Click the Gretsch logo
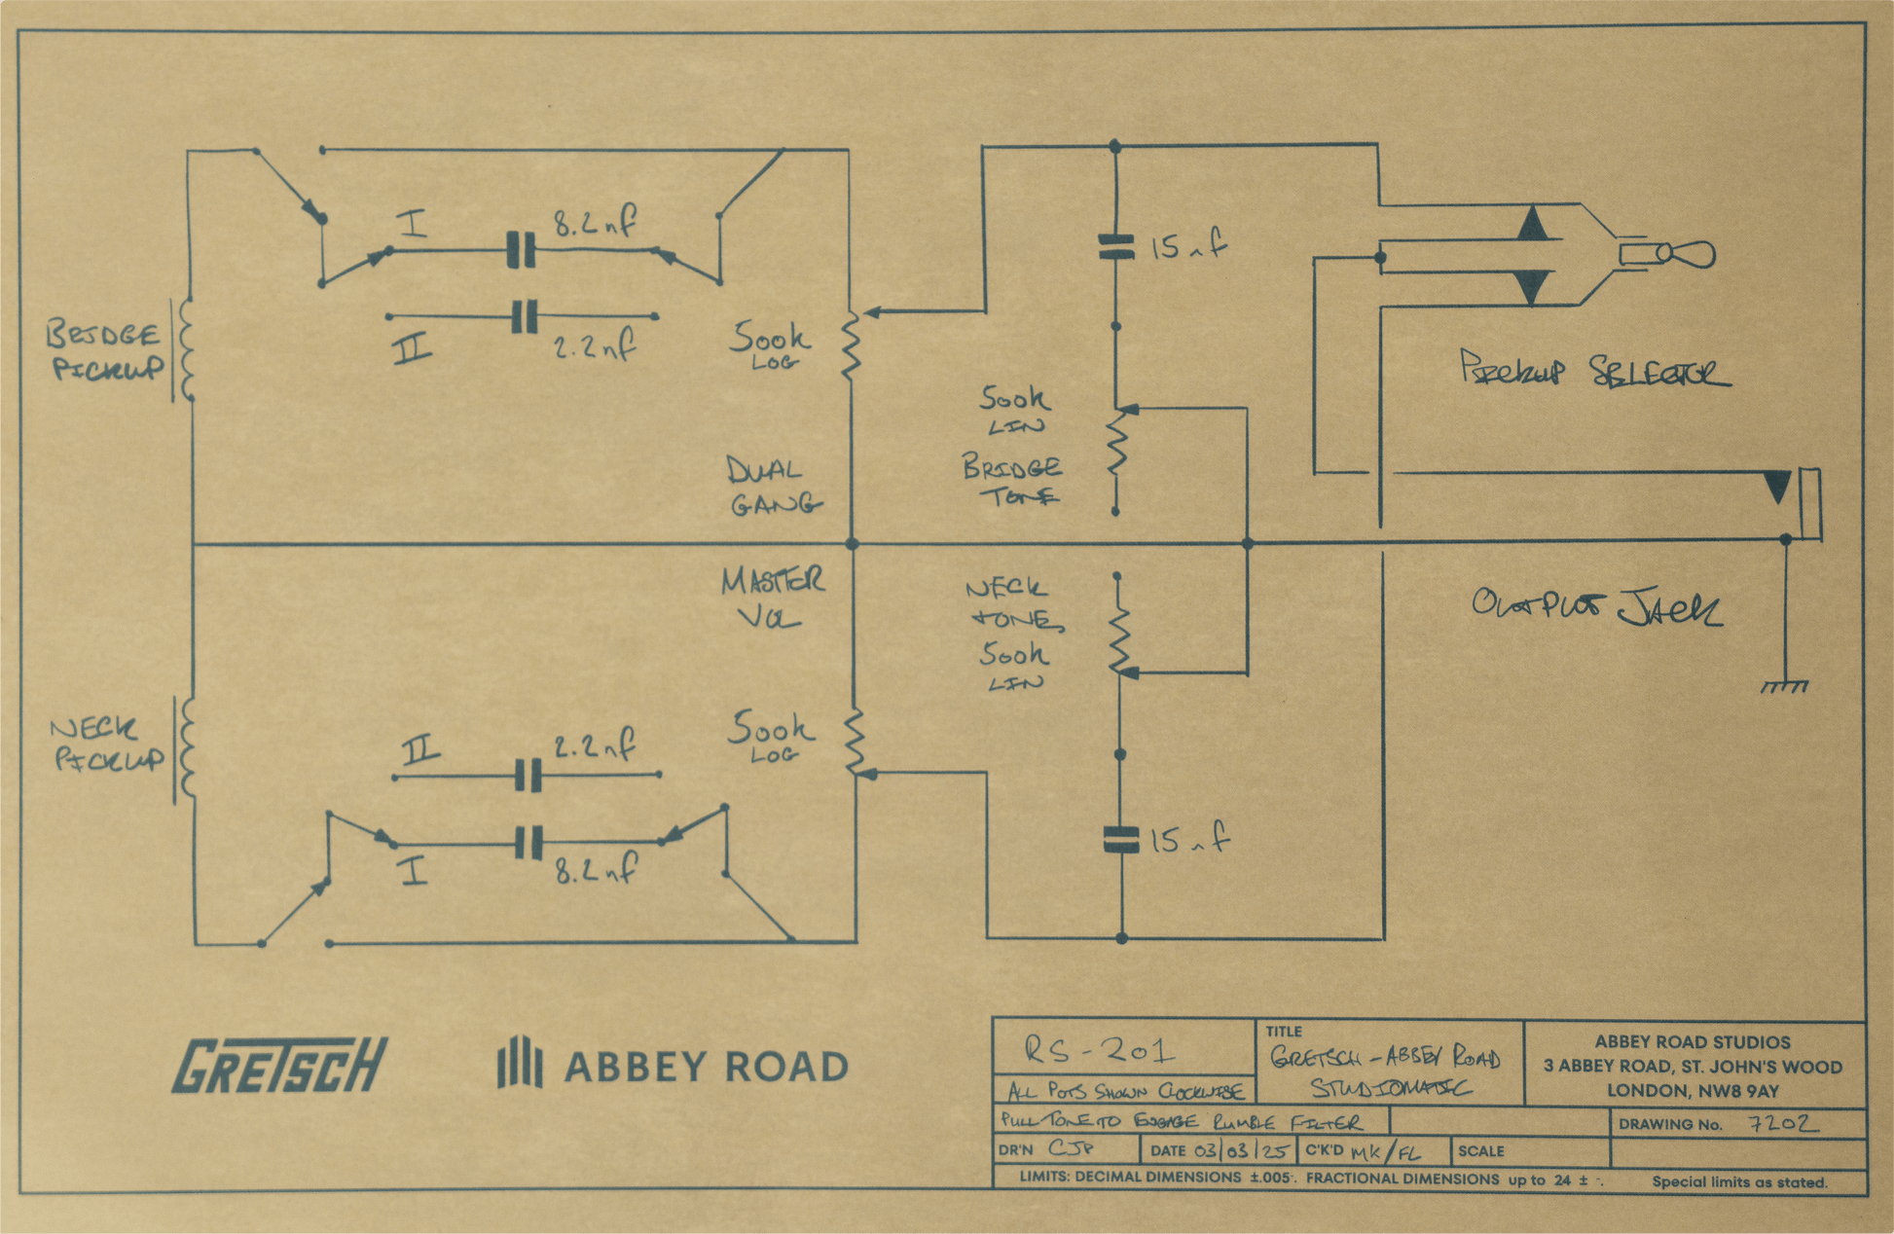pos(279,1065)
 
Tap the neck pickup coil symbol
pos(185,749)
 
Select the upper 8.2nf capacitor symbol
pos(521,250)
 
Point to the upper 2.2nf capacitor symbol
pos(525,316)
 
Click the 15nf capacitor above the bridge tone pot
pos(1115,246)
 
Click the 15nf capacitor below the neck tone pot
pos(1121,840)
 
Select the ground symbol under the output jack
pos(1785,687)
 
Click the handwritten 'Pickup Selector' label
pos(1594,371)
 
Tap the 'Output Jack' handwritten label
pos(1596,607)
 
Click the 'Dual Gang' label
pos(772,487)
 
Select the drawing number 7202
pos(1783,1124)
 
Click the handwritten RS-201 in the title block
pos(1100,1049)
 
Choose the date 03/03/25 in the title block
pos(1243,1151)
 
